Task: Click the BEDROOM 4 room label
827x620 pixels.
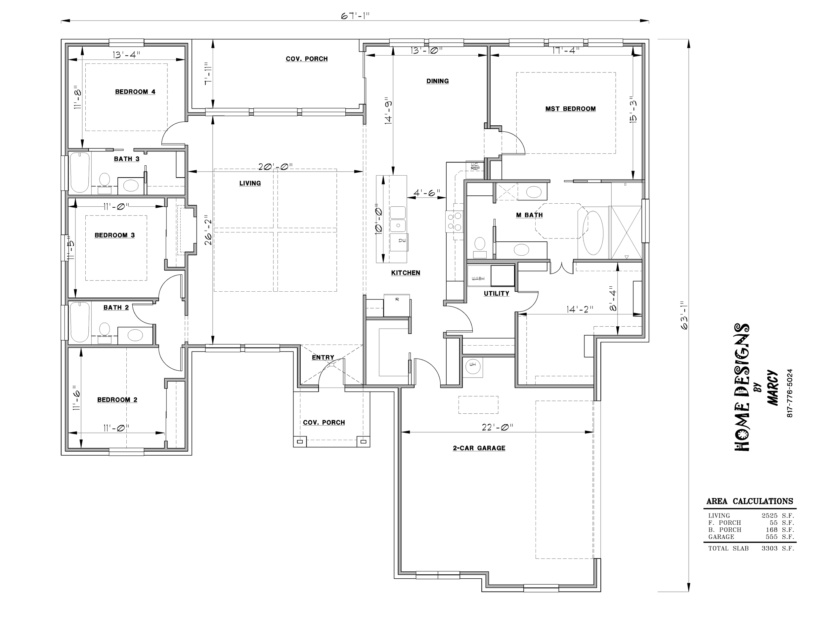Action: (135, 92)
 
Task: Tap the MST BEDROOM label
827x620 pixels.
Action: (570, 109)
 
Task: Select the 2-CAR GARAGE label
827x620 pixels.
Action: (479, 448)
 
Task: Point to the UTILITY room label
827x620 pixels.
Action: (497, 293)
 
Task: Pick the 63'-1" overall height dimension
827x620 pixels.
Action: (684, 315)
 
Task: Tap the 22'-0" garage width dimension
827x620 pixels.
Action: (497, 427)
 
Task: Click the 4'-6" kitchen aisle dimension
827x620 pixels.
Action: (427, 193)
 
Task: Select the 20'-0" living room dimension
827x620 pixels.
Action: (275, 167)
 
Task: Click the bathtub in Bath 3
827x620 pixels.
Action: (80, 172)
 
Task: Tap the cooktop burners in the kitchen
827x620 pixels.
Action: (454, 221)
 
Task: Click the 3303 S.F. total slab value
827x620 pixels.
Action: (778, 549)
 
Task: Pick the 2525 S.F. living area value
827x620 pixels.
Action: (778, 516)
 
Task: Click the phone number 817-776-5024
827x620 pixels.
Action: (790, 393)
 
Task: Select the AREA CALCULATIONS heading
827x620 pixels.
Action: (750, 501)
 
